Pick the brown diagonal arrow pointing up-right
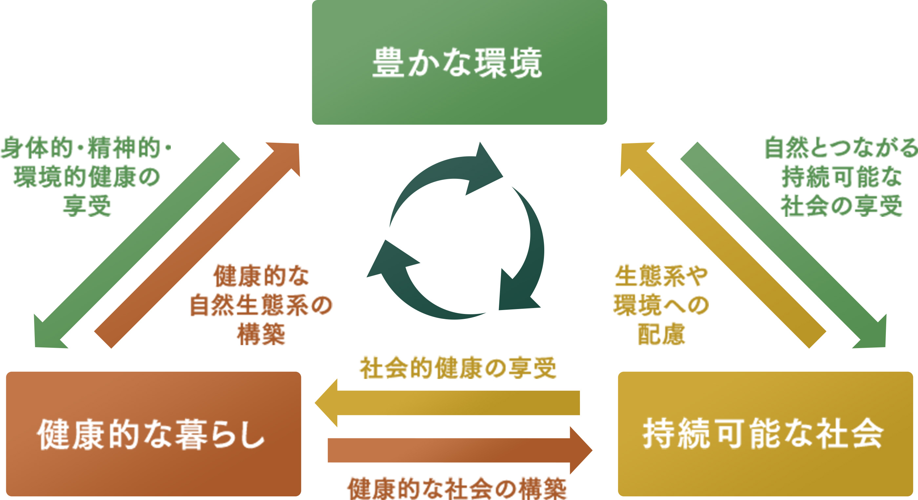pos(196,246)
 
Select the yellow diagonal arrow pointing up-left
pos(724,246)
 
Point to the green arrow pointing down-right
pos(784,246)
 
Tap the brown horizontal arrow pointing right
pos(460,450)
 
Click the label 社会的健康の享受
pos(458,368)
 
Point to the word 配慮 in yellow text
pos(661,334)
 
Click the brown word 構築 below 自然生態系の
pos(261,334)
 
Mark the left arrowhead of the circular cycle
pos(390,260)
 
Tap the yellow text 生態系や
pos(661,276)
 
